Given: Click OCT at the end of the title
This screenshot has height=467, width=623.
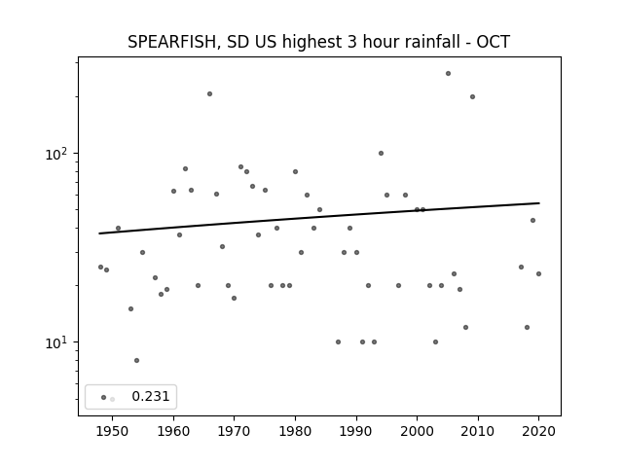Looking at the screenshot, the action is pyautogui.click(x=493, y=42).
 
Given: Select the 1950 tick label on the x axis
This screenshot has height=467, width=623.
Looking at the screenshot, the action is pyautogui.click(x=113, y=432).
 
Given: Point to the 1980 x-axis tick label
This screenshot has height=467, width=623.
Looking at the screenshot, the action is pyautogui.click(x=295, y=432).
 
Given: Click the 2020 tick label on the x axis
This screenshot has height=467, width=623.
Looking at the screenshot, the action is pyautogui.click(x=538, y=432).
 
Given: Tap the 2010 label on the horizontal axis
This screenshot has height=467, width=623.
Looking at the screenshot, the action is pyautogui.click(x=478, y=432).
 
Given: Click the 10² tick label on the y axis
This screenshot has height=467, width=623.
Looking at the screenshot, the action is pyautogui.click(x=57, y=154).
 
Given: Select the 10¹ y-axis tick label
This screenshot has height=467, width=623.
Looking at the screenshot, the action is pyautogui.click(x=57, y=341).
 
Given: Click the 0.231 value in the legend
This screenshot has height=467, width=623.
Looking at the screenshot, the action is pyautogui.click(x=151, y=396).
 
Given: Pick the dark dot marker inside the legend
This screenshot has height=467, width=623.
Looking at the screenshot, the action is pyautogui.click(x=104, y=397).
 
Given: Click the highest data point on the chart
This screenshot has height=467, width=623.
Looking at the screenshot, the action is pyautogui.click(x=448, y=74).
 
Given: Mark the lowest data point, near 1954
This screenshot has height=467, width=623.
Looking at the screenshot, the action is pyautogui.click(x=136, y=361).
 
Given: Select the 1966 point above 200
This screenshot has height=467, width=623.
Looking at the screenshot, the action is pyautogui.click(x=210, y=94).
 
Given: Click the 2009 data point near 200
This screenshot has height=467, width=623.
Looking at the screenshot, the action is pyautogui.click(x=472, y=97).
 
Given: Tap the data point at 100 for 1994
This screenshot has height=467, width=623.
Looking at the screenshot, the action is pyautogui.click(x=381, y=154).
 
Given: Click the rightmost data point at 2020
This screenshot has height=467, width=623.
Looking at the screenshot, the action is pyautogui.click(x=538, y=274).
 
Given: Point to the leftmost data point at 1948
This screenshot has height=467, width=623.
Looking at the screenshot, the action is pyautogui.click(x=100, y=268).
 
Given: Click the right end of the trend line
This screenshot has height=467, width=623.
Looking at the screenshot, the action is pyautogui.click(x=539, y=203).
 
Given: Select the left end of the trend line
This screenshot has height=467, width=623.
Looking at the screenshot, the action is pyautogui.click(x=99, y=233).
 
